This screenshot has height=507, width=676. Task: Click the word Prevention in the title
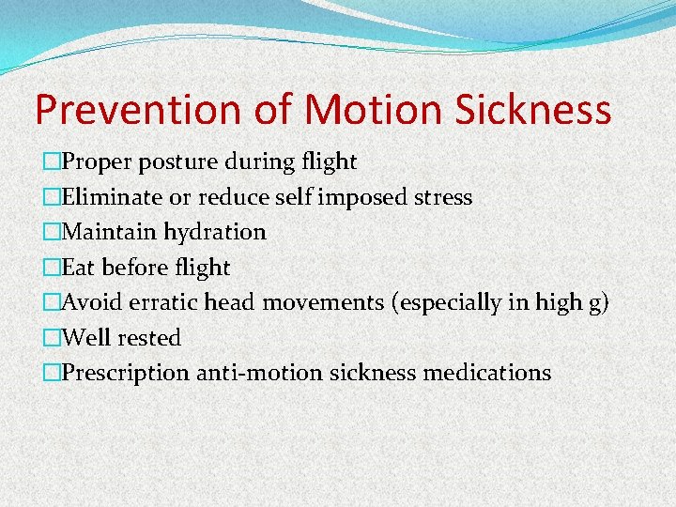[x=139, y=111]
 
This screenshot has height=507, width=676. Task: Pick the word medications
[x=487, y=373]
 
